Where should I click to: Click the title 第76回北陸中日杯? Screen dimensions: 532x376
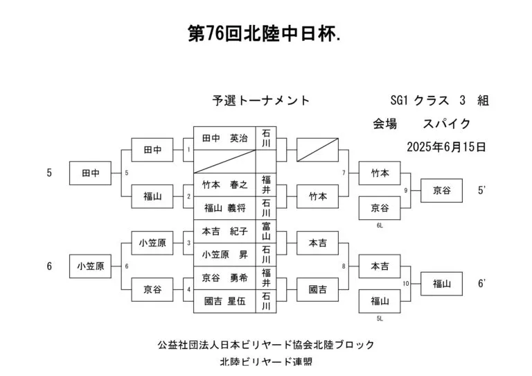(265, 33)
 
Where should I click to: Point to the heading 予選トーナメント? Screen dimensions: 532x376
(261, 101)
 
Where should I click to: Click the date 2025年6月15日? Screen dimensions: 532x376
(446, 147)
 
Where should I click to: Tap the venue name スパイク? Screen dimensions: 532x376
(447, 123)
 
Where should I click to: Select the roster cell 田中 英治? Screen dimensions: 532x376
(224, 138)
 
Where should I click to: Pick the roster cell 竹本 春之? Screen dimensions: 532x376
(224, 185)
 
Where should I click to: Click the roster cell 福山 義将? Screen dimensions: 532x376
(224, 208)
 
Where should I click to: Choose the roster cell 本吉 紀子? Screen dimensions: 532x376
(224, 231)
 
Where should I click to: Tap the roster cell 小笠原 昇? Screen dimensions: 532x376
(224, 255)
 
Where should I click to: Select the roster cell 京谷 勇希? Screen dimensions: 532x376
(224, 278)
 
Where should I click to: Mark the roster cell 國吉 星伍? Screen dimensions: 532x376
(224, 301)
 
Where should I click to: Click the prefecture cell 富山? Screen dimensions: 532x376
(266, 231)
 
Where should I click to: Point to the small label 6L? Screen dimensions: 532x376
(380, 225)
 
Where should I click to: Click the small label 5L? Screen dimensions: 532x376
(380, 318)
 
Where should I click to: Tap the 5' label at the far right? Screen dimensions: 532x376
(481, 190)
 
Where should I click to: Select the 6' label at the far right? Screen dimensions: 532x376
(481, 283)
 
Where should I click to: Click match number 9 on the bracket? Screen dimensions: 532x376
(405, 191)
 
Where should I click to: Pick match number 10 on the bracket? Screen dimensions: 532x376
(406, 284)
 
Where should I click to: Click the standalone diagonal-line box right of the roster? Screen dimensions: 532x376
(317, 150)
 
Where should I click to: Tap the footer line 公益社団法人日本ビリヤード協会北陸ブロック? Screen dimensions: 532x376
(266, 345)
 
